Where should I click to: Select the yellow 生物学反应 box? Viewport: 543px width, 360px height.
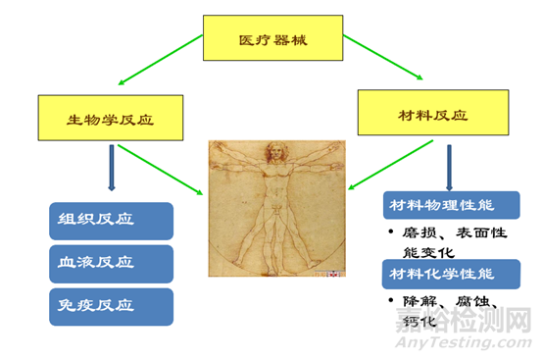click(x=112, y=120)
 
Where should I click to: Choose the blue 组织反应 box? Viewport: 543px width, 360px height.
click(x=111, y=221)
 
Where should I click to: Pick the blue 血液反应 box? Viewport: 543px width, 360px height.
click(x=111, y=264)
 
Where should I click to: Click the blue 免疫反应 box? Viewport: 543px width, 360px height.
click(x=111, y=306)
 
